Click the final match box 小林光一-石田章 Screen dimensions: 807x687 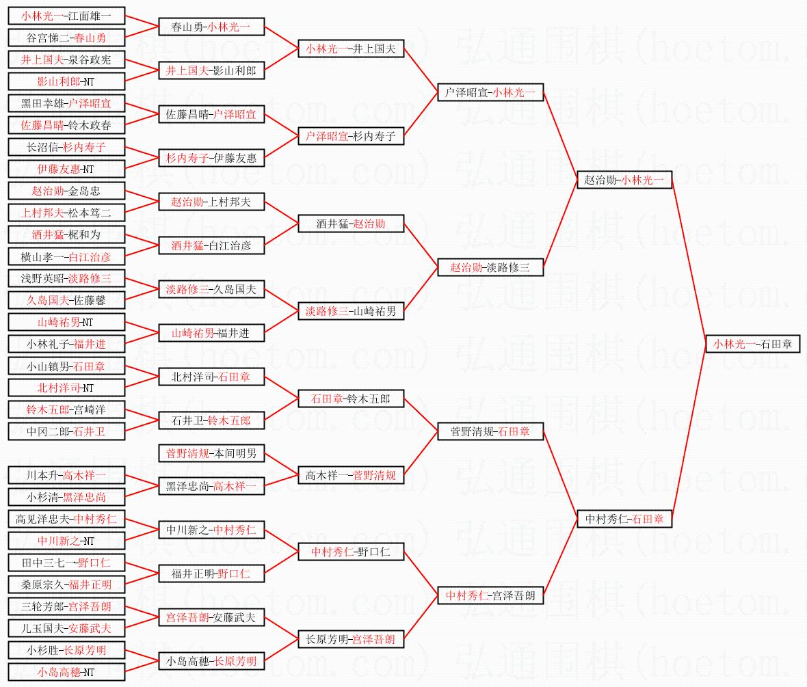click(752, 344)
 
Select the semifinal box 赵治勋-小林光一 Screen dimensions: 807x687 click(624, 180)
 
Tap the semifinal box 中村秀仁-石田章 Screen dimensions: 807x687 click(624, 519)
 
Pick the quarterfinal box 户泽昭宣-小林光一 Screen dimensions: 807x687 click(490, 93)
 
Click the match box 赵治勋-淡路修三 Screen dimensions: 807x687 click(490, 267)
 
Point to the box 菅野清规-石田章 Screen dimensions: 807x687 click(490, 431)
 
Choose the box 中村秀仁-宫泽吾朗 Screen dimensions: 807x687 click(490, 595)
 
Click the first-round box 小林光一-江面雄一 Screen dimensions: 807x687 click(66, 16)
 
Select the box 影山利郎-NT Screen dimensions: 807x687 click(66, 81)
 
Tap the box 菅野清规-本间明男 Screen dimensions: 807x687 click(211, 453)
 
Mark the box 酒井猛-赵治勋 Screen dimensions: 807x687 click(351, 224)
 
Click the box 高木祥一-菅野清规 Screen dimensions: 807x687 click(351, 475)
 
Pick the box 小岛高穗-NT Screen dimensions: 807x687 click(66, 672)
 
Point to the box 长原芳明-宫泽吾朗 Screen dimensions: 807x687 click(351, 639)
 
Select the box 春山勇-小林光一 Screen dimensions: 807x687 click(211, 27)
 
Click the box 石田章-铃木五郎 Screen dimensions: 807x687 click(351, 399)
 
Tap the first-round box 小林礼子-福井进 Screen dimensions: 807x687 click(66, 344)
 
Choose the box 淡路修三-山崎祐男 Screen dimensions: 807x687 click(351, 311)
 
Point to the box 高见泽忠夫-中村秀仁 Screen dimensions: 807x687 click(66, 519)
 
